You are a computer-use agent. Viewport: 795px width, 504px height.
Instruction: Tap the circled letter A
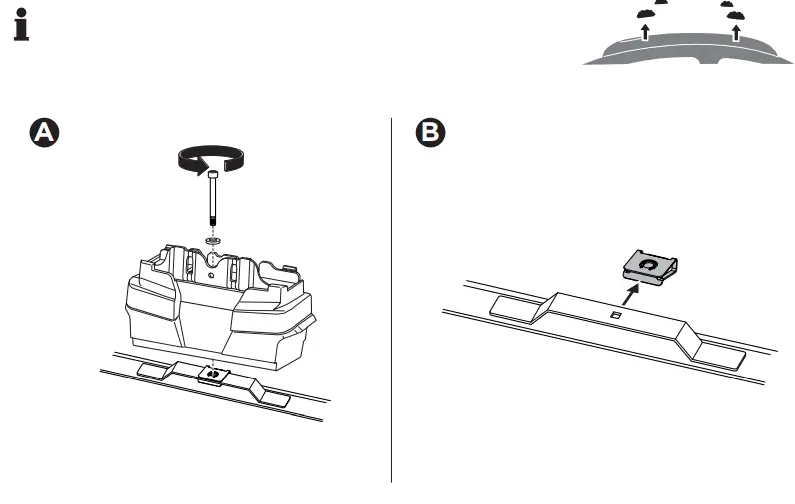[43, 132]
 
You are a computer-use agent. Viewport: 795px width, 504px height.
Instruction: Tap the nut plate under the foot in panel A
[213, 375]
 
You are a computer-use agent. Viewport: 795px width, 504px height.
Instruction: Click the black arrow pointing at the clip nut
[628, 295]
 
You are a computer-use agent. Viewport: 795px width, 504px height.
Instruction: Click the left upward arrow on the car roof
[646, 32]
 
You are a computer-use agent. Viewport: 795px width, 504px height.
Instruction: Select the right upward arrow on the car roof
[736, 32]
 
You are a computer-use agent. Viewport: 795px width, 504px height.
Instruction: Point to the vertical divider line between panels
[391, 300]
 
